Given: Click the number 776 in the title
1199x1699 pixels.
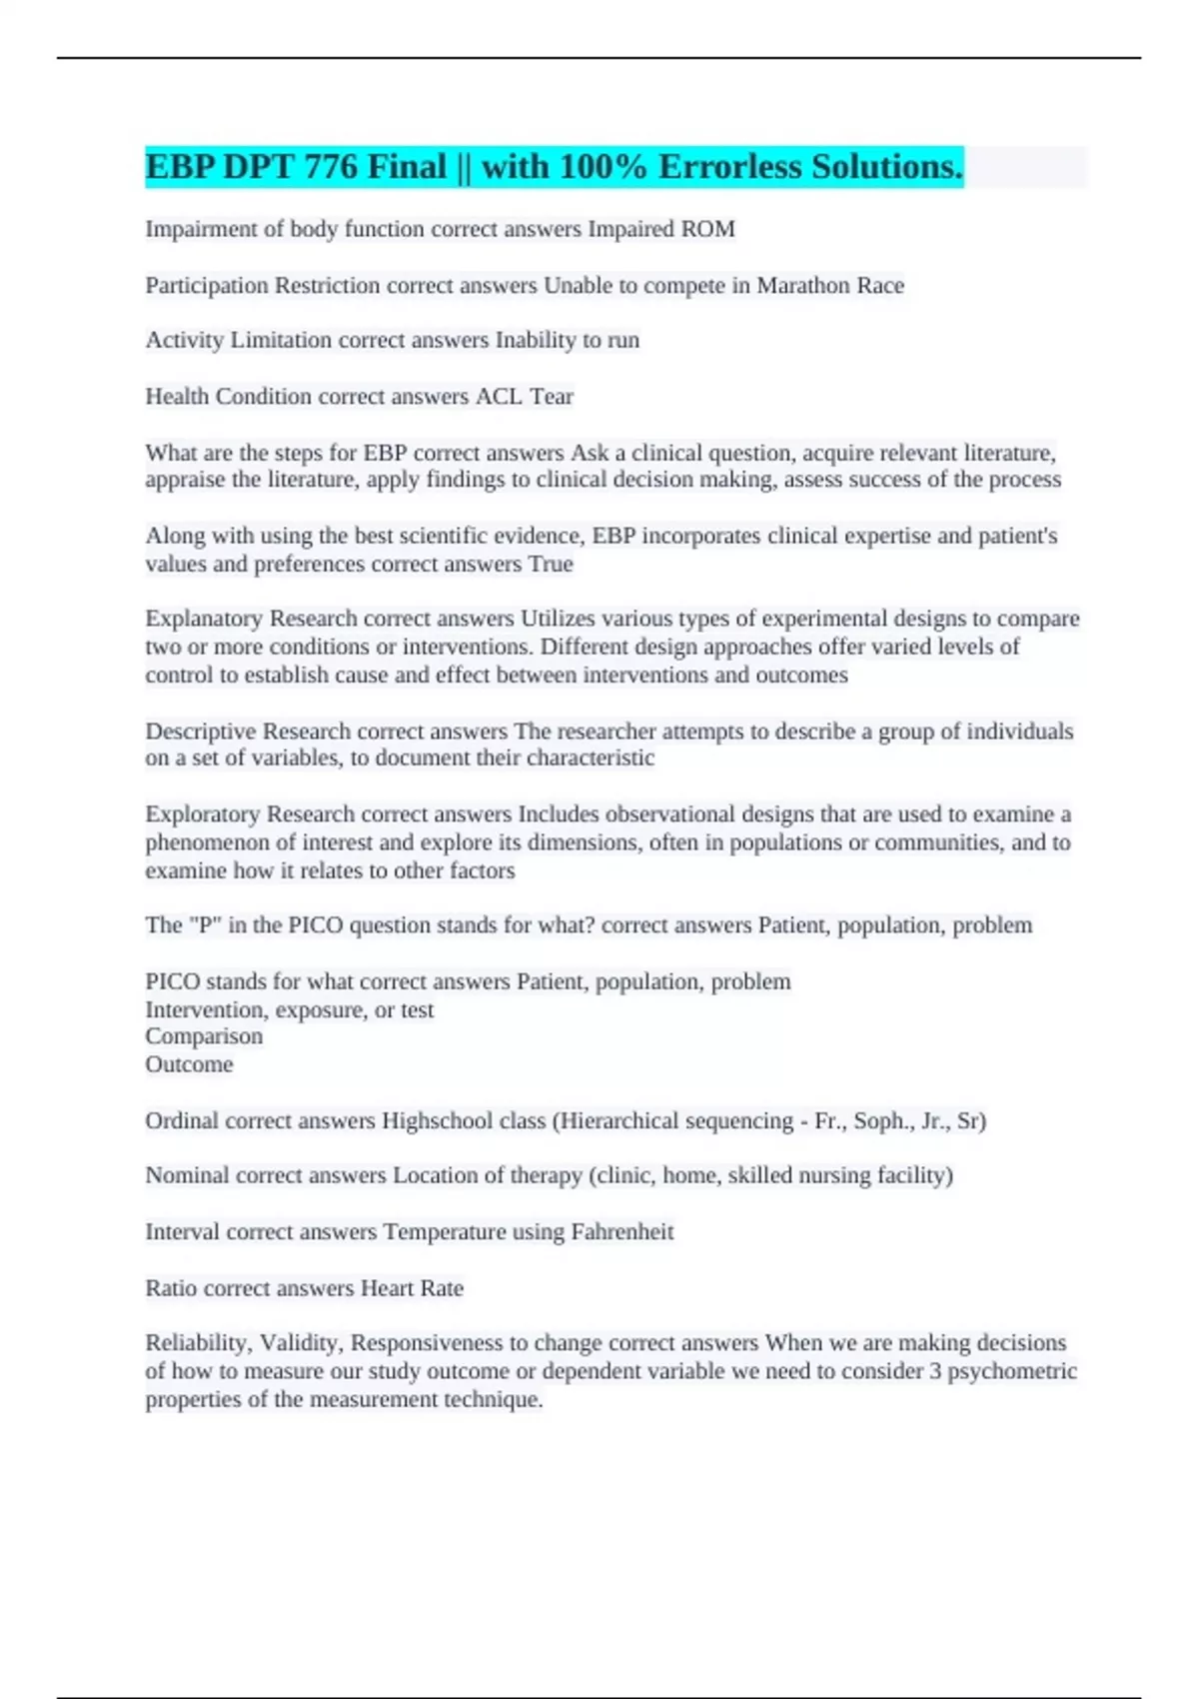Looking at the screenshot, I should [x=331, y=167].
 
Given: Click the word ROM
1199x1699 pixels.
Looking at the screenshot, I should [x=707, y=229].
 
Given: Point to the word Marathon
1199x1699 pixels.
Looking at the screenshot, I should [x=802, y=286].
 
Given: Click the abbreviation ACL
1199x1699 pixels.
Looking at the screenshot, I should [x=499, y=397].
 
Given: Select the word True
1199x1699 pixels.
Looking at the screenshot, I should [x=551, y=565].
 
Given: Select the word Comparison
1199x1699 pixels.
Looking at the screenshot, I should [x=204, y=1036].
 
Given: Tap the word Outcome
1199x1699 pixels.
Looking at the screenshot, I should [x=189, y=1064].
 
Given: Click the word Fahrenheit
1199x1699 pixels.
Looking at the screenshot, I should [x=621, y=1232].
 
